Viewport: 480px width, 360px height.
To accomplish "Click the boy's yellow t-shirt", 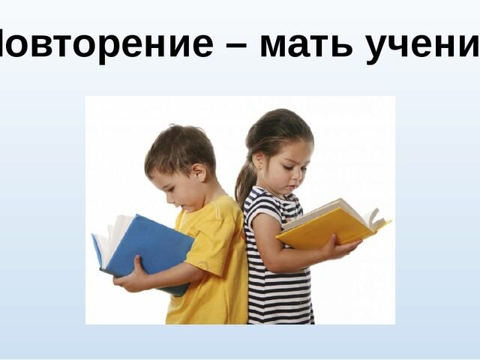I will [x=214, y=262].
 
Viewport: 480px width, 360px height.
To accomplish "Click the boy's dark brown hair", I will [x=180, y=146].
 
